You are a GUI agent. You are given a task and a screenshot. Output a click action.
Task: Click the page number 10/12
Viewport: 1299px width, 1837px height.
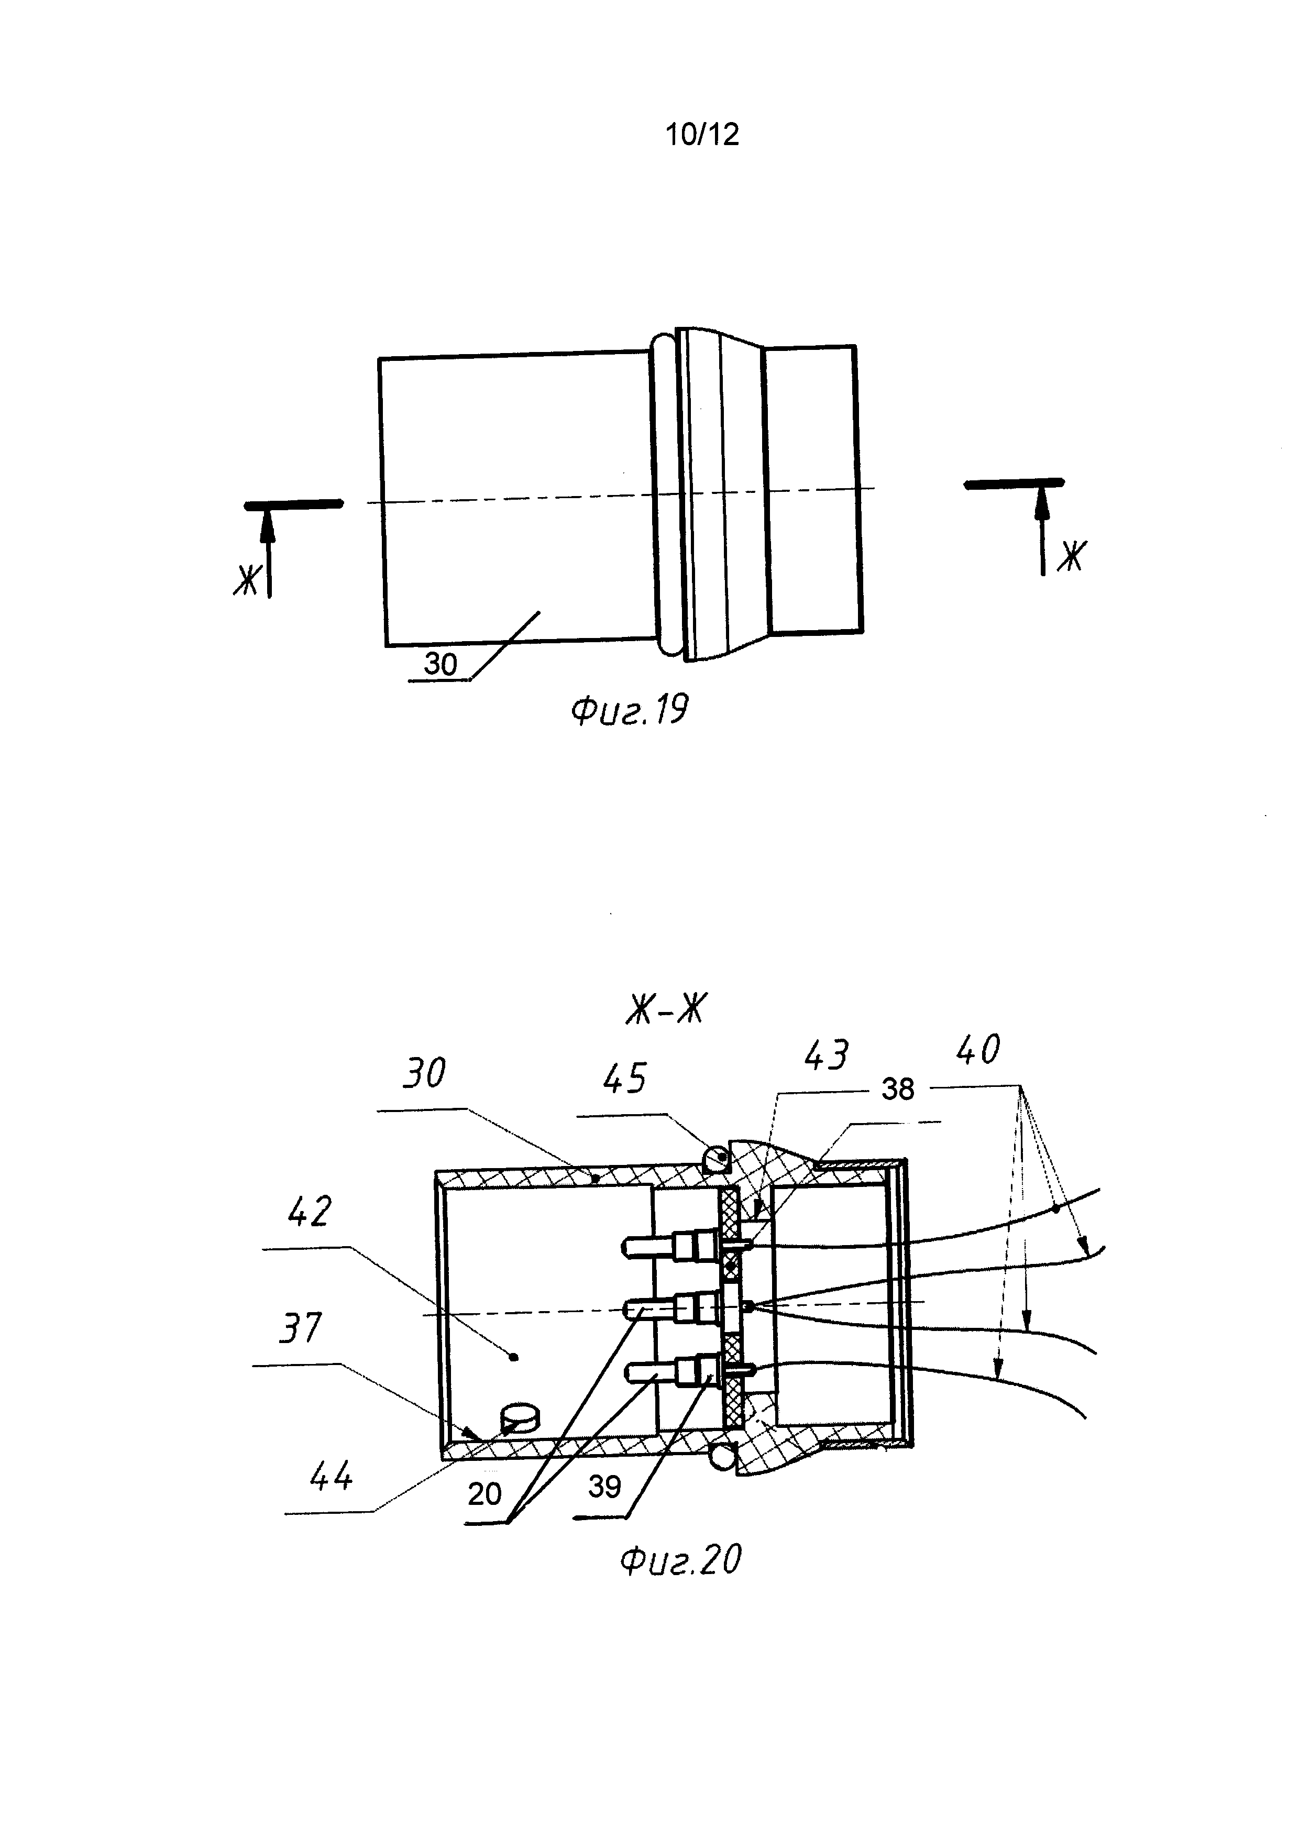click(702, 135)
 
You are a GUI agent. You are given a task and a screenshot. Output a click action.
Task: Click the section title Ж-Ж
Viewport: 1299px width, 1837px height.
click(666, 1010)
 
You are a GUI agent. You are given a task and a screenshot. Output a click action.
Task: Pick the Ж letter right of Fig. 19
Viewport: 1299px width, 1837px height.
click(1071, 556)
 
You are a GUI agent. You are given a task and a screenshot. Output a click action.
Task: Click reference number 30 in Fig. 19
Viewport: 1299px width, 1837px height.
click(440, 664)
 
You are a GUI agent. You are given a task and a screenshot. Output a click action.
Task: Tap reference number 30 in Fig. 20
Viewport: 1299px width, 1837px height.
click(424, 1073)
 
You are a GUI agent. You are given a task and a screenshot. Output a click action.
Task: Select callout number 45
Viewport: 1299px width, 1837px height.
click(625, 1079)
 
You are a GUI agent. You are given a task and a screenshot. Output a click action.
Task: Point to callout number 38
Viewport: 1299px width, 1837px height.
click(897, 1089)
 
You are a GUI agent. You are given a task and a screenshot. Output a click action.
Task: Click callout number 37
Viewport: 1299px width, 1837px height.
click(301, 1328)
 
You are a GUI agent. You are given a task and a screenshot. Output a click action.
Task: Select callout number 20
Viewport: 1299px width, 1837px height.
click(485, 1494)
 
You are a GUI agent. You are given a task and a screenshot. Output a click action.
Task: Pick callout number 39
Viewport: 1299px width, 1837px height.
click(604, 1487)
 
